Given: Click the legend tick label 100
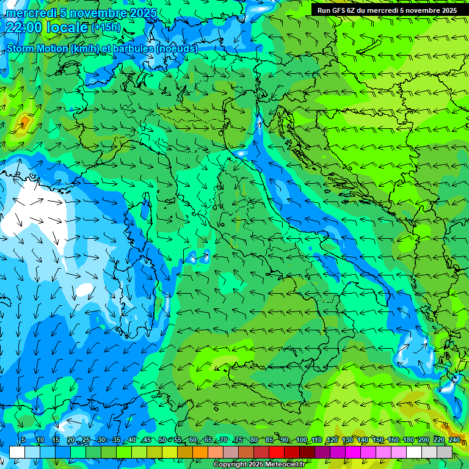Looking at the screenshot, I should click(302, 440).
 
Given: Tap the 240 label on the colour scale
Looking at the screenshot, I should click(454, 440).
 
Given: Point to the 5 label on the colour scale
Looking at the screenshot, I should click(23, 440).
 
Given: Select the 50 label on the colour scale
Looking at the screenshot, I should click(162, 440).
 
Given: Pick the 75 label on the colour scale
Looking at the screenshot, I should click(239, 440).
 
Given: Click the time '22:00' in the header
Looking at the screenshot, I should click(25, 27).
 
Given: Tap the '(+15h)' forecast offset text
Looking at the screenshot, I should click(106, 27).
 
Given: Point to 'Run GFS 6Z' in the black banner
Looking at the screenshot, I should click(336, 10).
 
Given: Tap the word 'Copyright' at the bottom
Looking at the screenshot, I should click(229, 465).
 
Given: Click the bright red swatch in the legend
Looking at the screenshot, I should click(277, 452).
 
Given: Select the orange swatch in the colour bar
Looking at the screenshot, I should click(185, 452).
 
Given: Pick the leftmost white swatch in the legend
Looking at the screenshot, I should click(17, 452).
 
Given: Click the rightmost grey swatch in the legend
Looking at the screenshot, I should click(445, 452).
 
